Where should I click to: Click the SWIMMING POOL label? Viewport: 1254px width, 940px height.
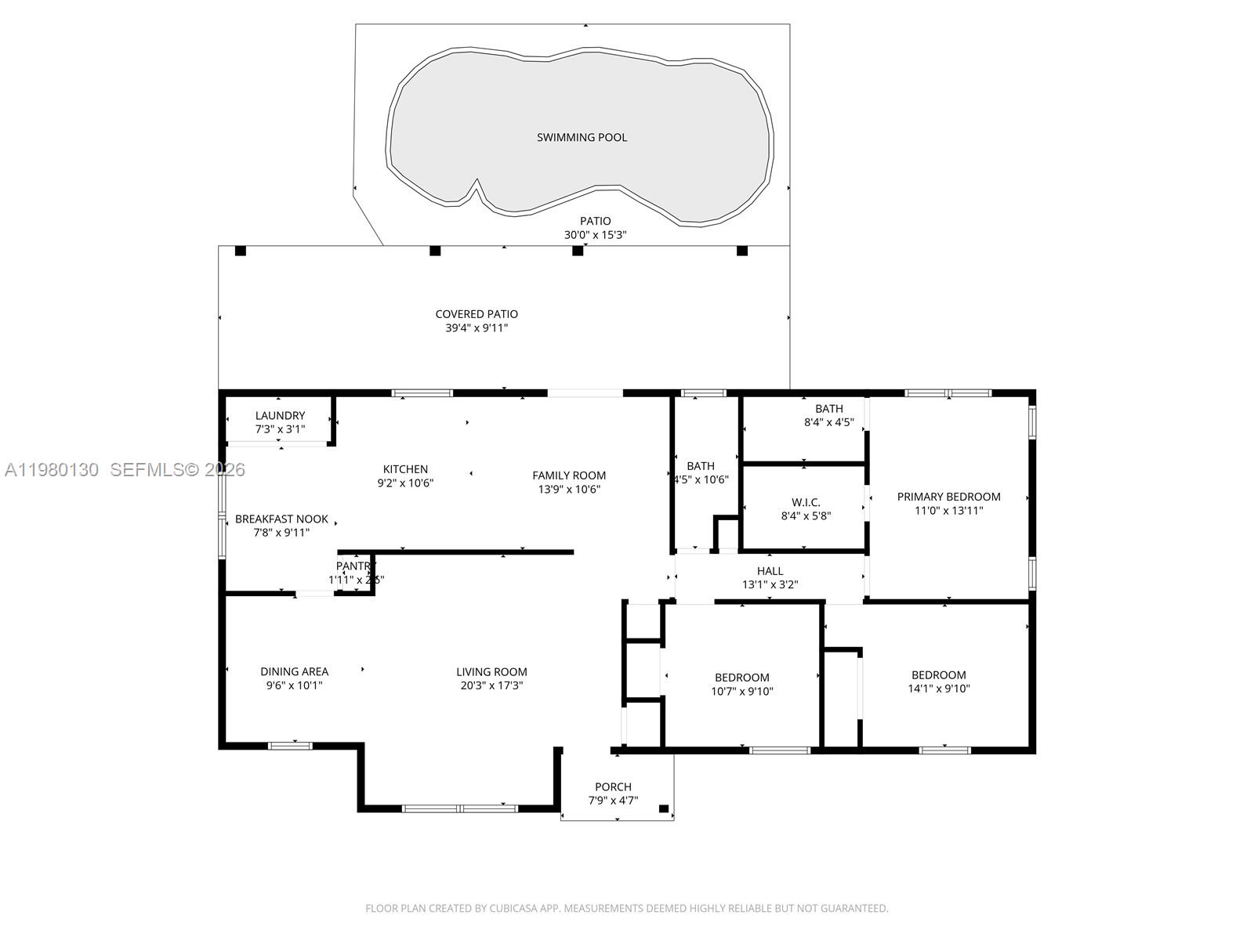(582, 138)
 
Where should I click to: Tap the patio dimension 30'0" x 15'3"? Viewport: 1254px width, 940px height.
(596, 235)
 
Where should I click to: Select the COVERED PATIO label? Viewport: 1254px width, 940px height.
(477, 314)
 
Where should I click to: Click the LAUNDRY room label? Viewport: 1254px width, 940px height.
(280, 416)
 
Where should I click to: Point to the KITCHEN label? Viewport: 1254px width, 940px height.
(405, 469)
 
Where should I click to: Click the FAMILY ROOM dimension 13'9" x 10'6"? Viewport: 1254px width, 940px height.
(569, 490)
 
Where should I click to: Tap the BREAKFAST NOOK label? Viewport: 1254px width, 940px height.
(281, 519)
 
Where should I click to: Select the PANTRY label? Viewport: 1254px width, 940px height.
(356, 566)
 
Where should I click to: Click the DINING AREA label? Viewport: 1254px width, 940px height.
(294, 671)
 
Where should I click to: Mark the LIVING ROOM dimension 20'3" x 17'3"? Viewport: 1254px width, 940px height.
(491, 685)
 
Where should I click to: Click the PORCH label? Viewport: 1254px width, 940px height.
(613, 786)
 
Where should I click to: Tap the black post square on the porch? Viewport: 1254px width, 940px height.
(664, 808)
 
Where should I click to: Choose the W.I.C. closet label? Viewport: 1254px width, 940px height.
(806, 502)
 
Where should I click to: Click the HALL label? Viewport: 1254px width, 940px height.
(770, 571)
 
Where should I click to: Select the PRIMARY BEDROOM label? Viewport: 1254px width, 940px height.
(948, 497)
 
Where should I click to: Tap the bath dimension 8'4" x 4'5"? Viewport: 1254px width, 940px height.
(828, 422)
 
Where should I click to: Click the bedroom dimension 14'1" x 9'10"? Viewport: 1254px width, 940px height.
(938, 689)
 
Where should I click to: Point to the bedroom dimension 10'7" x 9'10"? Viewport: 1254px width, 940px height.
(742, 691)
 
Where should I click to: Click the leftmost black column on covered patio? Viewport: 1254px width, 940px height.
(241, 251)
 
